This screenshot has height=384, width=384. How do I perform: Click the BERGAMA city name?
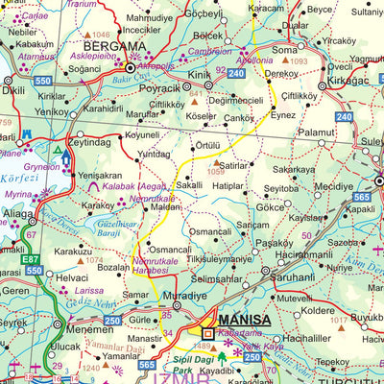[112, 45]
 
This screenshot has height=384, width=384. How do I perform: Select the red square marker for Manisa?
[208, 334]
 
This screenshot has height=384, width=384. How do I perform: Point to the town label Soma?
[284, 48]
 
